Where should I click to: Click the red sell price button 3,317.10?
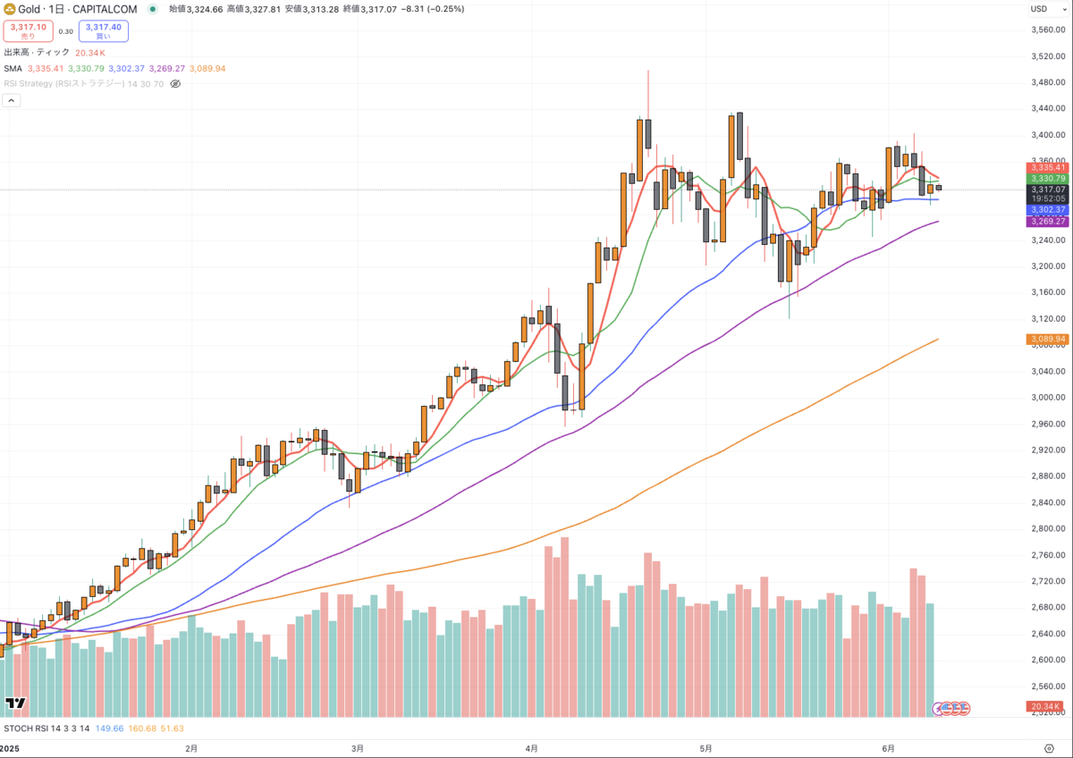click(x=29, y=31)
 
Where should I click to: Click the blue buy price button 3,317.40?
click(x=104, y=31)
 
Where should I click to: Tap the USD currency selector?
click(x=1039, y=9)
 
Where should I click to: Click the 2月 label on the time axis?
click(x=190, y=747)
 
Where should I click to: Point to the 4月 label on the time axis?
click(x=532, y=747)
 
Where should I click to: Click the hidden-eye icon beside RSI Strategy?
click(x=175, y=84)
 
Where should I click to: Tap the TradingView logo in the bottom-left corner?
click(x=14, y=704)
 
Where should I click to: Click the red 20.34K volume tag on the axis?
click(x=1045, y=707)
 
